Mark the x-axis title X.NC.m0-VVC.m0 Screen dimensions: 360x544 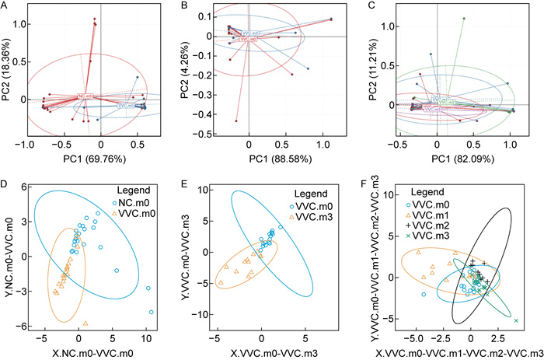88,351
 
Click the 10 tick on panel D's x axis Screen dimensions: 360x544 147,338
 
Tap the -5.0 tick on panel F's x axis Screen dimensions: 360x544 413,338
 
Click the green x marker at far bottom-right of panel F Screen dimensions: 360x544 516,320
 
